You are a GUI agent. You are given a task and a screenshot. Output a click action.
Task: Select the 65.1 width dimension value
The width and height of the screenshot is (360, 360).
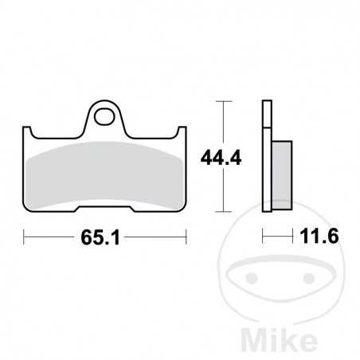point(104,237)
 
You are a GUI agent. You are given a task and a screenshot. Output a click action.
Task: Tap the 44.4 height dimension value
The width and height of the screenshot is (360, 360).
point(201,157)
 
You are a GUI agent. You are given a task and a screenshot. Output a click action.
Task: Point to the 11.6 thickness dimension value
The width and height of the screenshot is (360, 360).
point(306,237)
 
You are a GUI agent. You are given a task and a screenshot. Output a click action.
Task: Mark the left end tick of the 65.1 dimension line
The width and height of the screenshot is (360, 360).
point(24,237)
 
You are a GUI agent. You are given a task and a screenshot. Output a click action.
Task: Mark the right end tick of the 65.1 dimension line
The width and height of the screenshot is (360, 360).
point(186,237)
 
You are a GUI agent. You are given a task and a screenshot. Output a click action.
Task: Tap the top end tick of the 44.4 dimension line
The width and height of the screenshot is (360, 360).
point(223,102)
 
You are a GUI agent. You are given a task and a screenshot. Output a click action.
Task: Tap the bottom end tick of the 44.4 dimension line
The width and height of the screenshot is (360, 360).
point(223,212)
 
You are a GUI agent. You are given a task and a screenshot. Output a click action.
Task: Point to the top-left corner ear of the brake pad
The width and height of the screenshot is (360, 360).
point(29,130)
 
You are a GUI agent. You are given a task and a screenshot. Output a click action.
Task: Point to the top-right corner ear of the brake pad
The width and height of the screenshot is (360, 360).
point(181,130)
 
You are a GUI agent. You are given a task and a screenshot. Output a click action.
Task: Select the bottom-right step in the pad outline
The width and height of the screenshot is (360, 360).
point(132,208)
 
